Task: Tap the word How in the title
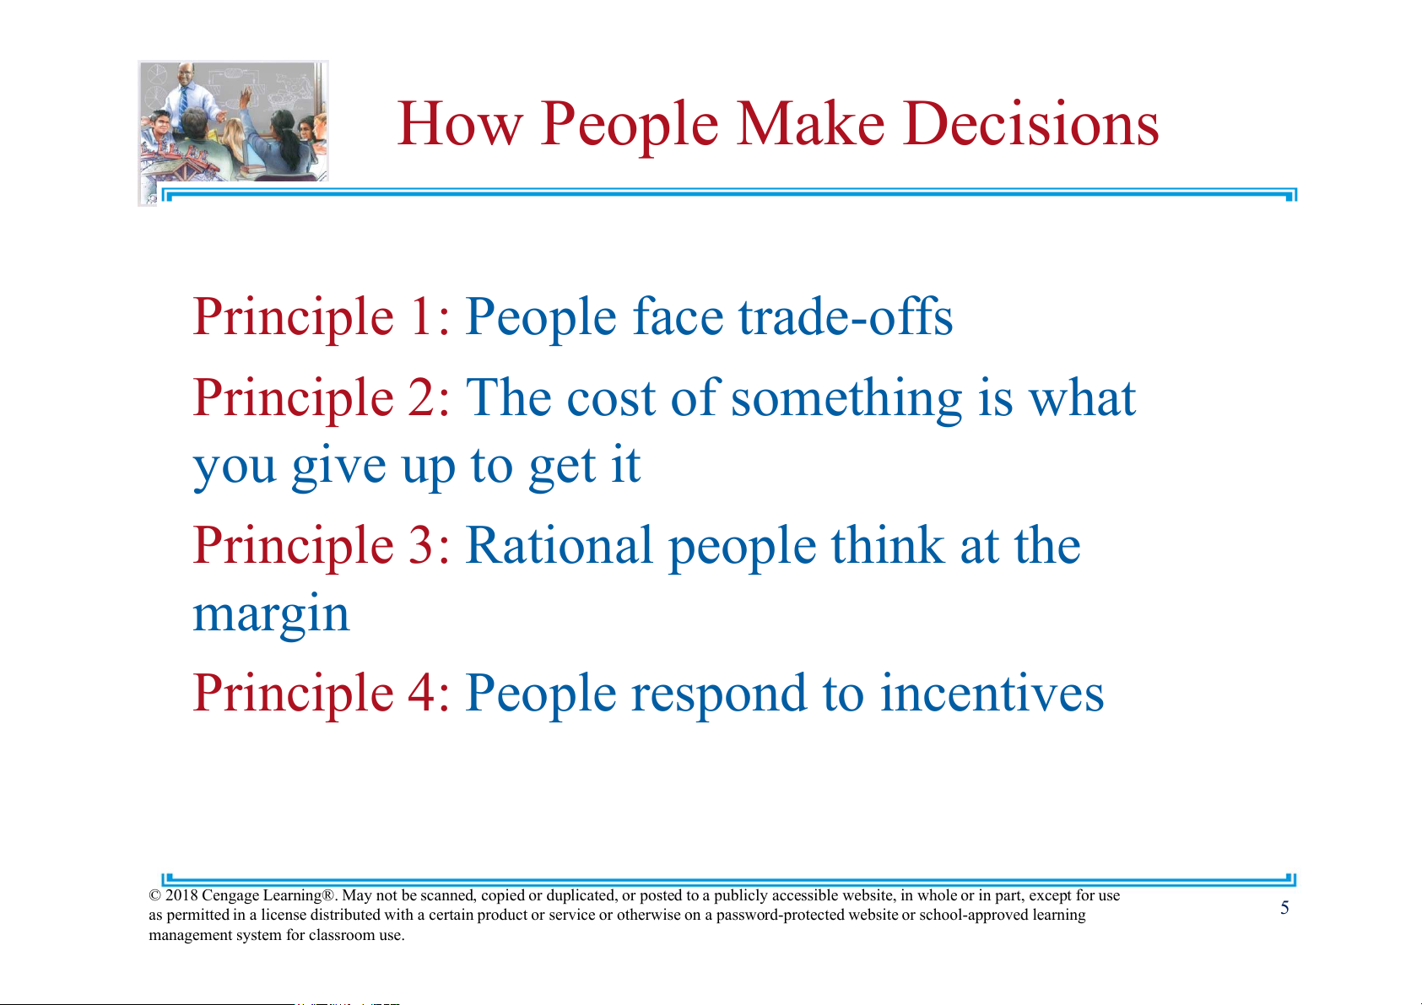[460, 124]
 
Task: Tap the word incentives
[992, 694]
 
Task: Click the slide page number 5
[1284, 908]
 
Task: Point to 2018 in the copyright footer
[181, 895]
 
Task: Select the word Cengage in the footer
[230, 896]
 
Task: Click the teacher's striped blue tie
[183, 100]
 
